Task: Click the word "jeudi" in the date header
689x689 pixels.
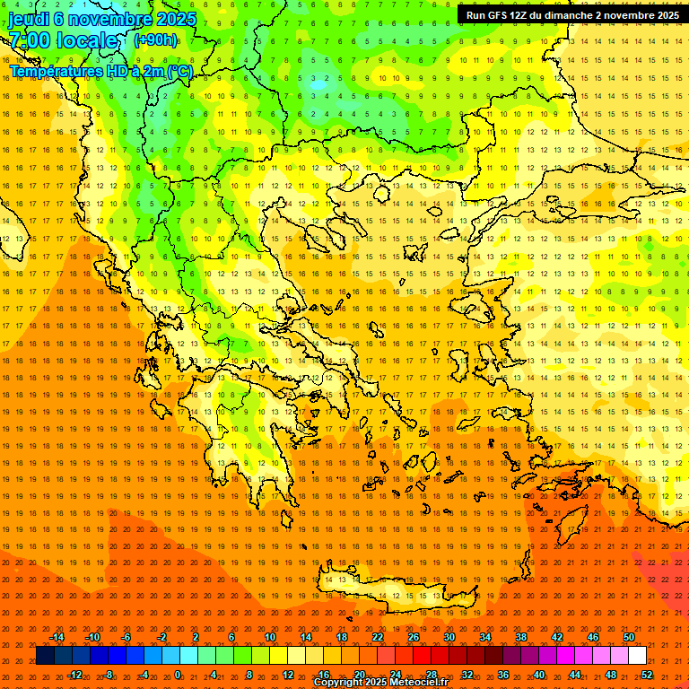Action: click(31, 19)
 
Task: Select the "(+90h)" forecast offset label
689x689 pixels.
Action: click(155, 40)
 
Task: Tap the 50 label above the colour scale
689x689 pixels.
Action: click(629, 637)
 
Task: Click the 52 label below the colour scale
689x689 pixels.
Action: click(647, 675)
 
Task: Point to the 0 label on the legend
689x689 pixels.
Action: click(178, 675)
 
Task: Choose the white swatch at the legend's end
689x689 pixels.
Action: click(637, 656)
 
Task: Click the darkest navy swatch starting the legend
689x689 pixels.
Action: click(45, 656)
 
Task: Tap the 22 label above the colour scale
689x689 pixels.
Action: click(378, 637)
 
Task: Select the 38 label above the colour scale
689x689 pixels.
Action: click(521, 637)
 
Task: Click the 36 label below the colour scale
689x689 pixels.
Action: click(503, 675)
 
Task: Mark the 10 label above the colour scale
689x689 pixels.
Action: click(270, 637)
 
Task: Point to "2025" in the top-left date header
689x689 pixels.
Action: click(176, 19)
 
